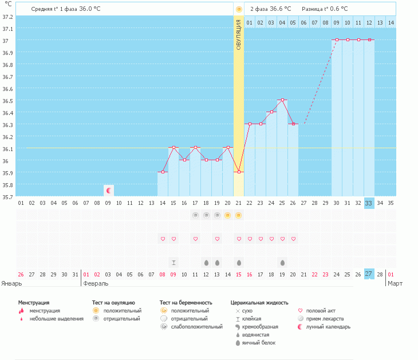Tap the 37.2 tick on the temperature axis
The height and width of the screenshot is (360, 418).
coord(7,17)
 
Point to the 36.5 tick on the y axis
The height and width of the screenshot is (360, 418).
coord(7,101)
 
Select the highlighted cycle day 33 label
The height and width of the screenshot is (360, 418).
coord(369,203)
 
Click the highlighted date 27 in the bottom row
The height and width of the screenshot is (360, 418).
coord(369,274)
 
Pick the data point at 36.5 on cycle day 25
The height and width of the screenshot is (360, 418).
coord(282,100)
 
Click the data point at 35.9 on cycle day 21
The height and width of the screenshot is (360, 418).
coord(239,172)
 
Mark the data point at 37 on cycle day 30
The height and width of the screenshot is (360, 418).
coord(337,40)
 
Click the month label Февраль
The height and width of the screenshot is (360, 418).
coord(96,283)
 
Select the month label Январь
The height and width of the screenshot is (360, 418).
coord(12,283)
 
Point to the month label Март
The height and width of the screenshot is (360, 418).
coord(395,283)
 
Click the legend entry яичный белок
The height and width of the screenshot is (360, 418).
coord(259,343)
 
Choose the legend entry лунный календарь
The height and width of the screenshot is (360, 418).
coord(328,327)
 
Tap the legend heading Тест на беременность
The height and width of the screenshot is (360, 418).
coord(186,302)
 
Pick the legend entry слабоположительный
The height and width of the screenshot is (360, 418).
coord(196,327)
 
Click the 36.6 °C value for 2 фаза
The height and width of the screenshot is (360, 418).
coord(280,9)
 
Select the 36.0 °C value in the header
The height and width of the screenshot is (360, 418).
coord(91,9)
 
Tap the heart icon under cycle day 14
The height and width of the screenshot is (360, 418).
coord(163,239)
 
